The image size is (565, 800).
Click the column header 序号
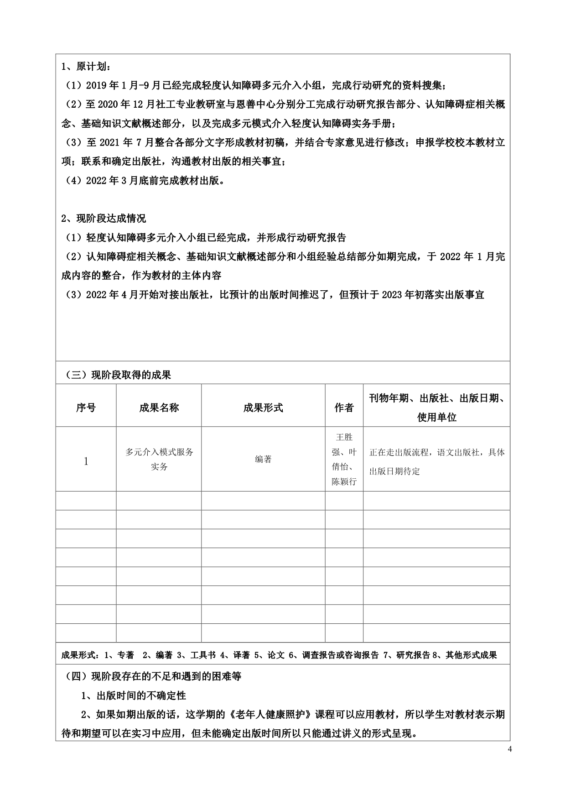[86, 408]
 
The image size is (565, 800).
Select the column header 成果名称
[159, 408]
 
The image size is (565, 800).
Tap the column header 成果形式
[263, 408]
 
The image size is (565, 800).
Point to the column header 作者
[344, 408]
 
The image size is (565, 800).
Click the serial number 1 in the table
[86, 461]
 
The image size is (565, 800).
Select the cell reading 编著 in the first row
[263, 460]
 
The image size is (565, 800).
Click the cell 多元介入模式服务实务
[159, 459]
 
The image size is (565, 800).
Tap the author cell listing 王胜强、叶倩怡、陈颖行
[344, 459]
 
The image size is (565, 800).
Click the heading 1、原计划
[85, 67]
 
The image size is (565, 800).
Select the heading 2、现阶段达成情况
[104, 219]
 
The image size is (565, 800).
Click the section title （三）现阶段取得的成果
[117, 375]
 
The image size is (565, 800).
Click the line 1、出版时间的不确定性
[134, 695]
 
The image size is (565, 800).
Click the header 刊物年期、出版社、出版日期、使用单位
[436, 408]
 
